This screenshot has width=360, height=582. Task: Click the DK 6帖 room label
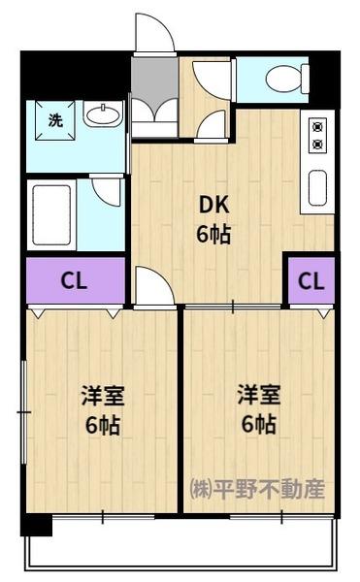(215, 219)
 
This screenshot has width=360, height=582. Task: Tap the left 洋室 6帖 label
(101, 410)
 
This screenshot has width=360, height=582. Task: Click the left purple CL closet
(75, 281)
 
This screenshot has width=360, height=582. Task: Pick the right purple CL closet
(310, 281)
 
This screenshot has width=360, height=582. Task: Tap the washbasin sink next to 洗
(102, 117)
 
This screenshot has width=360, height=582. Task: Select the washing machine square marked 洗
(54, 120)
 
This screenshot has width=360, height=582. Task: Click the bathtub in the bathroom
(51, 214)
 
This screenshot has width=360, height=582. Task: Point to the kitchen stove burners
(317, 136)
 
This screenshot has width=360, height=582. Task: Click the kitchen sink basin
(318, 186)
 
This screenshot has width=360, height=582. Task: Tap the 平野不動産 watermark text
(257, 489)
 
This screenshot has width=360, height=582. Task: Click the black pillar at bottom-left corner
(36, 525)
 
